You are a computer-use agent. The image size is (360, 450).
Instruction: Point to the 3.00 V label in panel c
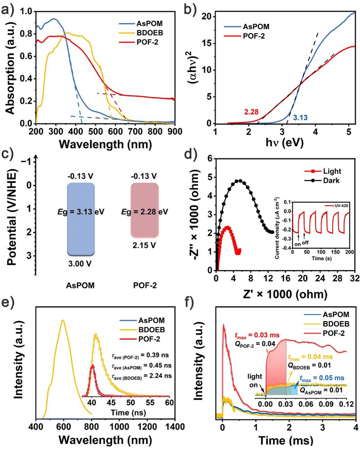pos(80,263)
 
